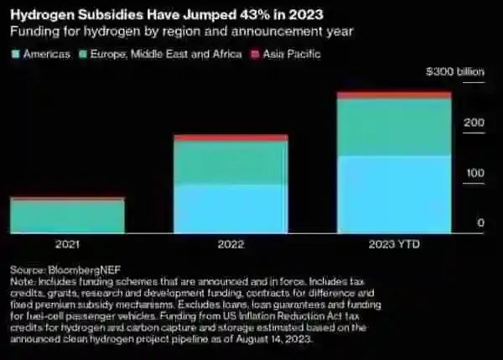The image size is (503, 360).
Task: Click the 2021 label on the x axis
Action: (x=67, y=244)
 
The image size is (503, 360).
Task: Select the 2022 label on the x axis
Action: (x=231, y=244)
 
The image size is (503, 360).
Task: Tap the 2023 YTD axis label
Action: (x=393, y=244)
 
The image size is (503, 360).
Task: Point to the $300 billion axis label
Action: (x=456, y=72)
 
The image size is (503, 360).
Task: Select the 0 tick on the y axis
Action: (x=481, y=222)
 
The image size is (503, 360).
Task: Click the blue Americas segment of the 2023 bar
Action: (x=393, y=194)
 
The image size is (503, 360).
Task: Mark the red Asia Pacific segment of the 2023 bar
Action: (x=393, y=96)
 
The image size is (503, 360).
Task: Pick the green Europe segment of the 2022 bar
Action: (x=231, y=163)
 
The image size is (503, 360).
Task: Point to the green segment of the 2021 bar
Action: (x=67, y=217)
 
